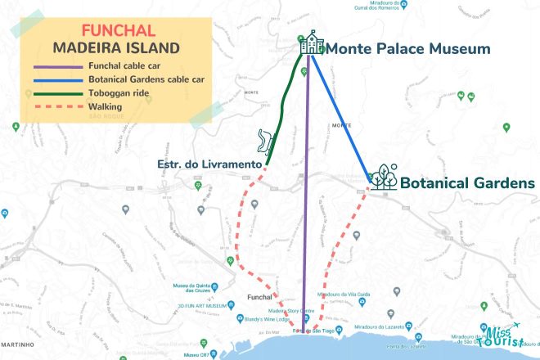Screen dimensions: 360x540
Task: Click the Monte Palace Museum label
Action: [x=408, y=48]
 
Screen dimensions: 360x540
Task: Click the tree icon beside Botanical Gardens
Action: [x=383, y=176]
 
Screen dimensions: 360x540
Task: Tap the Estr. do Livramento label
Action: [x=209, y=164]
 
